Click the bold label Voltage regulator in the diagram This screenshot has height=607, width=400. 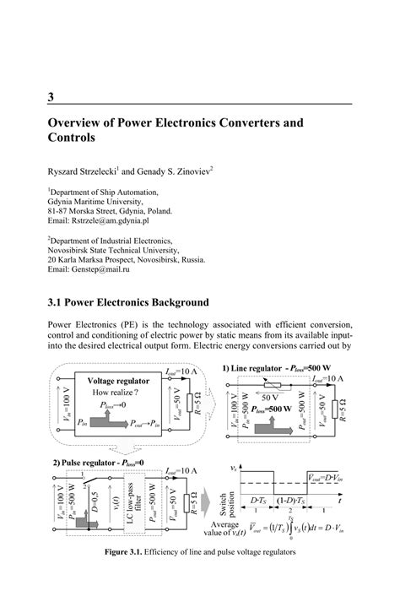point(124,381)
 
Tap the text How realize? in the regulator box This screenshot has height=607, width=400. point(124,393)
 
